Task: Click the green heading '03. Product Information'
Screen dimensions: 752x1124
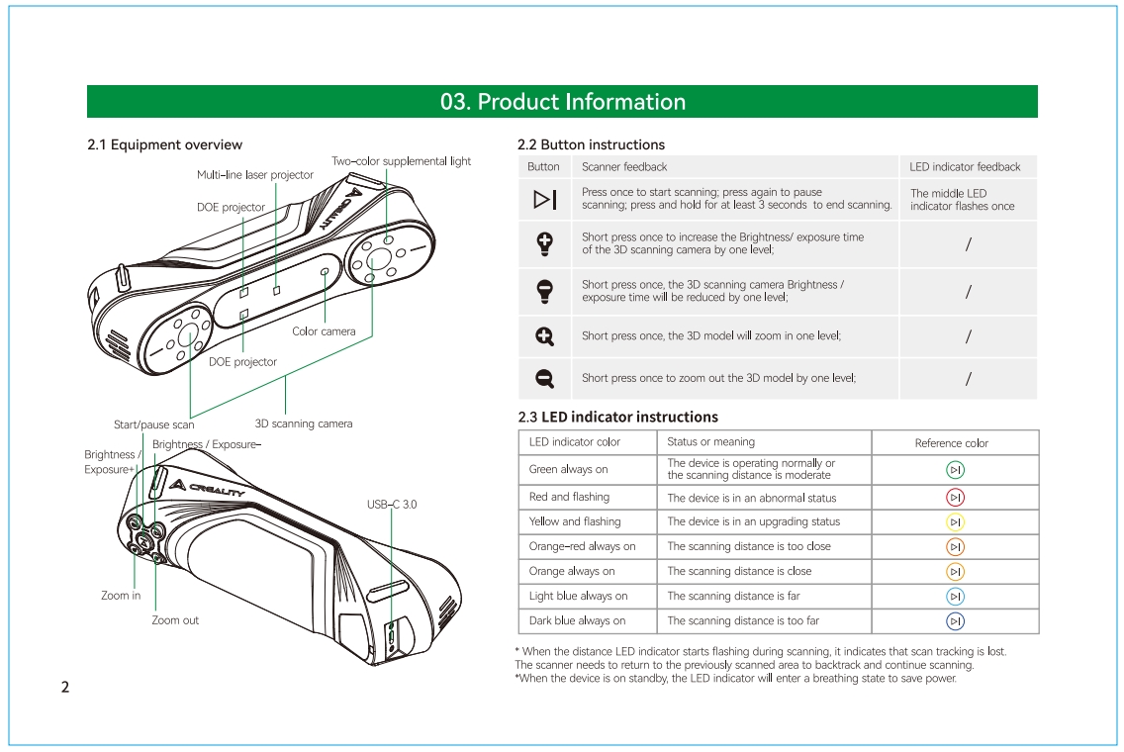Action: coord(562,102)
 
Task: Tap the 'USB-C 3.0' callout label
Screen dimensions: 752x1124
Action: coord(392,505)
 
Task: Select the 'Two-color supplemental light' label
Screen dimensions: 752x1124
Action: coord(401,161)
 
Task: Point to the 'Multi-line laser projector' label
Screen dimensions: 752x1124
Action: coord(254,175)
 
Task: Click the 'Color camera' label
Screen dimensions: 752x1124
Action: coord(324,331)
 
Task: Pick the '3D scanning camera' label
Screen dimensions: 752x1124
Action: coord(304,423)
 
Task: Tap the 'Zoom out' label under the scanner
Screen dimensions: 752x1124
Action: coord(175,620)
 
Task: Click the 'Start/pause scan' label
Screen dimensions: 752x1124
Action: coord(153,425)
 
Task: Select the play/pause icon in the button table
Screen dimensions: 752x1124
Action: coord(544,200)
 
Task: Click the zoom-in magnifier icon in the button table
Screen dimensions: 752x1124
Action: coord(544,336)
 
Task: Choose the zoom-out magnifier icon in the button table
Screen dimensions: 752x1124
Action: coord(544,378)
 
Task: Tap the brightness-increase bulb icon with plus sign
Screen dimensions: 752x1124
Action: coord(544,243)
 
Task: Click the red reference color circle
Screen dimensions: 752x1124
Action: coord(955,497)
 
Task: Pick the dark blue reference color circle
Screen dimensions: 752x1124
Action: coord(955,620)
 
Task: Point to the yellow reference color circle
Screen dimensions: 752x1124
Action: coord(955,521)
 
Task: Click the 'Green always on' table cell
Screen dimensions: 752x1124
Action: coord(569,469)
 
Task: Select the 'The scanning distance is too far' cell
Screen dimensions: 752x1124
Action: coord(743,620)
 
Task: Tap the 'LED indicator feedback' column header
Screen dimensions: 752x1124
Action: coord(965,167)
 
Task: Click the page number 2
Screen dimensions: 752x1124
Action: coord(65,687)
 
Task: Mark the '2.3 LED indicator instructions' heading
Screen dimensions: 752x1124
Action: coord(618,417)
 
